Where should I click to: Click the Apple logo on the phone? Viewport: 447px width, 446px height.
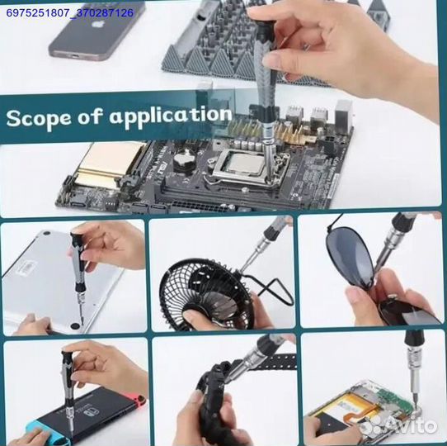97,24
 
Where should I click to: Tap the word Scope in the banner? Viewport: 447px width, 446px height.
38,118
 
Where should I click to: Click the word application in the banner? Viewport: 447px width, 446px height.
170,116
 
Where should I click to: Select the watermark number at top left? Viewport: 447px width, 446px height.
70,13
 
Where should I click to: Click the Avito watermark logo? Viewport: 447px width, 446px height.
398,425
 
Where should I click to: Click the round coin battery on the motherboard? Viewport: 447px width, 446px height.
185,161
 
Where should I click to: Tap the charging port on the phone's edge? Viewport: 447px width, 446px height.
76,56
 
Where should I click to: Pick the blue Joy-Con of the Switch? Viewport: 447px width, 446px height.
33,429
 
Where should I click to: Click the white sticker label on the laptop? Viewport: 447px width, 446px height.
26,268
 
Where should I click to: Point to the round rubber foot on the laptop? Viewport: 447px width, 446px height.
75,325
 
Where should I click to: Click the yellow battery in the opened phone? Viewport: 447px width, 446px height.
348,406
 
